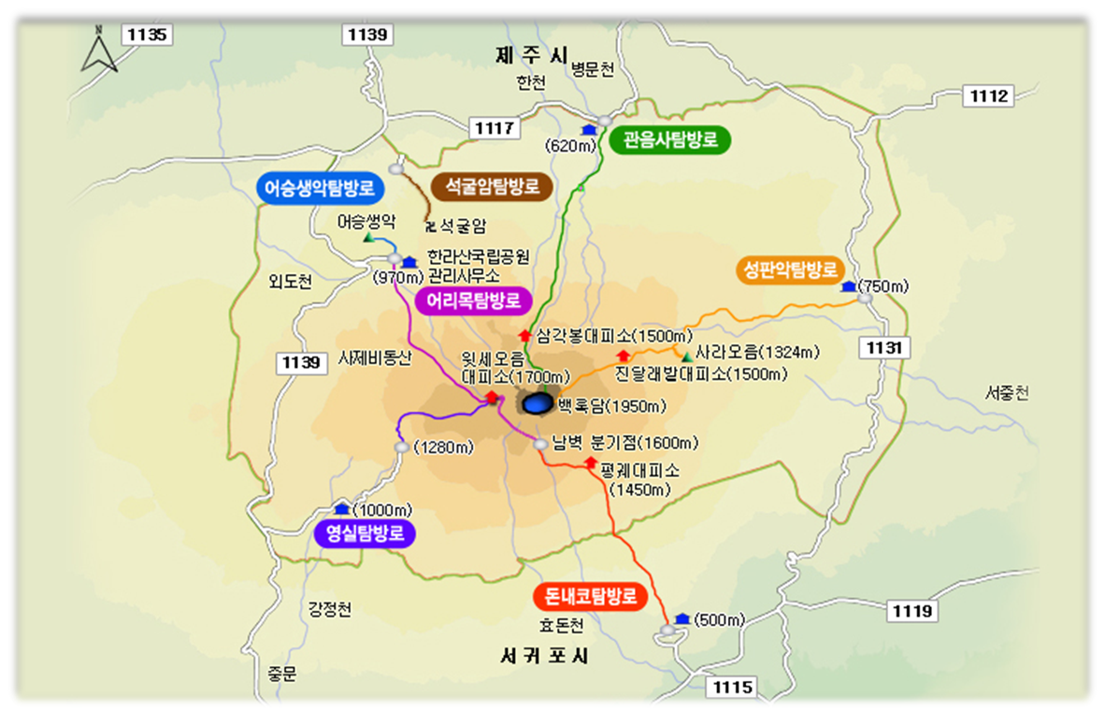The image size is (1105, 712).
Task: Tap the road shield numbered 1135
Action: pyautogui.click(x=147, y=35)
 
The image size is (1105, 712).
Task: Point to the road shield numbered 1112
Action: pyautogui.click(x=989, y=95)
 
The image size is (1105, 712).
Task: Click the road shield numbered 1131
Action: pyautogui.click(x=883, y=348)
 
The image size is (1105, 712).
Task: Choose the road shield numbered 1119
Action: pyautogui.click(x=911, y=611)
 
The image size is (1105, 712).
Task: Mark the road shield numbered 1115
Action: pyautogui.click(x=733, y=688)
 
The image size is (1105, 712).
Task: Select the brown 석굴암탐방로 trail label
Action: pyautogui.click(x=492, y=185)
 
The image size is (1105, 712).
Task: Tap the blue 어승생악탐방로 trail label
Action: pyautogui.click(x=319, y=188)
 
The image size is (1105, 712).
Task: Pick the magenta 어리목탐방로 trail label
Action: pyautogui.click(x=473, y=300)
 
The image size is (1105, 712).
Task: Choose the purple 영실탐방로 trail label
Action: pyautogui.click(x=365, y=532)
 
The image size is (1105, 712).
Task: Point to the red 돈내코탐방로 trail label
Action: pyautogui.click(x=590, y=596)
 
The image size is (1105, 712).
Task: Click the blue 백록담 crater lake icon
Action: pyautogui.click(x=538, y=403)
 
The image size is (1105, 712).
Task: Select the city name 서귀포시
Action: pyautogui.click(x=543, y=656)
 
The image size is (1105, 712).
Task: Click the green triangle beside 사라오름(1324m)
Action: pyautogui.click(x=687, y=356)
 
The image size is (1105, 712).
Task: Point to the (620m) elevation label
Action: pyautogui.click(x=569, y=146)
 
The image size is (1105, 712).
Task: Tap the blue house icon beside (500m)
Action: pyautogui.click(x=682, y=618)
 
